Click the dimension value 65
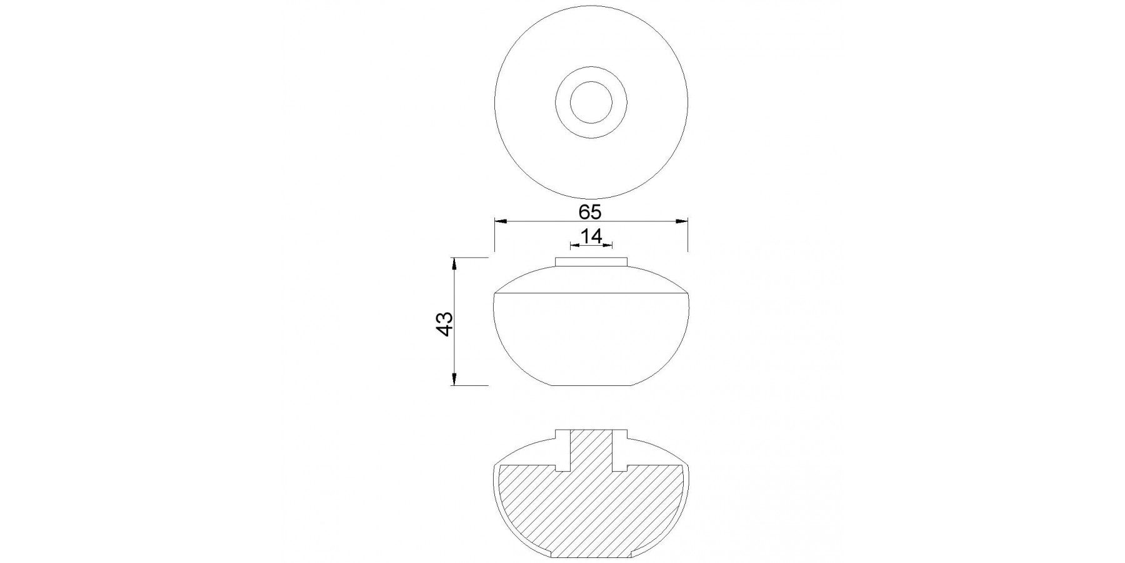click(589, 212)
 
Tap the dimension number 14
click(591, 236)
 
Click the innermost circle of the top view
click(591, 103)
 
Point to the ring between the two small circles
click(562, 103)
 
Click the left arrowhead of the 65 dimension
click(501, 221)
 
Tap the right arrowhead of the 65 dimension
click(681, 221)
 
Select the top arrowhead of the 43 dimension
click(454, 264)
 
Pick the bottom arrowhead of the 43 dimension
click(454, 378)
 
